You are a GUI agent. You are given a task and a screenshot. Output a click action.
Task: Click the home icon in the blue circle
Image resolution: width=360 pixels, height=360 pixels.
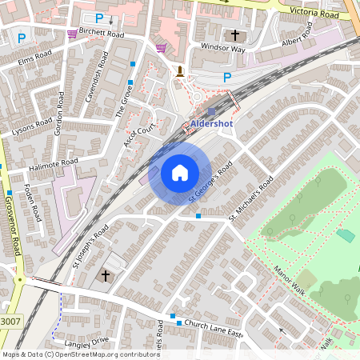click(x=180, y=173)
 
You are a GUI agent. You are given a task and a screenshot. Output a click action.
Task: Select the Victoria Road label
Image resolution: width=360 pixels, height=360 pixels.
click(x=317, y=14)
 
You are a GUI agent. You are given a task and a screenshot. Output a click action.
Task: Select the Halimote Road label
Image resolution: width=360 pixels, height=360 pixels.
click(x=53, y=163)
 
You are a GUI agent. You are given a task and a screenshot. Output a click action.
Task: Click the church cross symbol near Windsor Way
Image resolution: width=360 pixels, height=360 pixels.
click(x=234, y=36)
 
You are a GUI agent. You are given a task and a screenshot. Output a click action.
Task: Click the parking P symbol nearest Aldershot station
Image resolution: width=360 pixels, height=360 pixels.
click(x=226, y=78)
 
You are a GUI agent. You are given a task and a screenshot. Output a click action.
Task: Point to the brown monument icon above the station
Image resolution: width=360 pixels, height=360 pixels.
click(x=180, y=71)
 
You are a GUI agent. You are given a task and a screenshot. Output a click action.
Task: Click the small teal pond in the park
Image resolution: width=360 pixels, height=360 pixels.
click(x=346, y=236)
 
